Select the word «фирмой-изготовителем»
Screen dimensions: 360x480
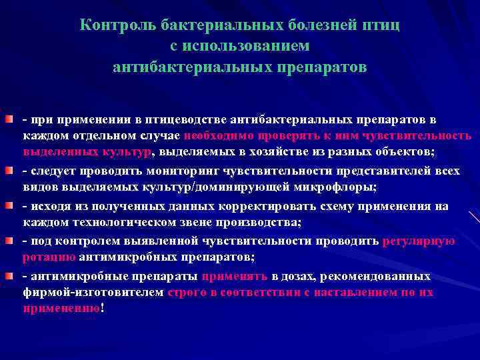[x=93, y=293]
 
